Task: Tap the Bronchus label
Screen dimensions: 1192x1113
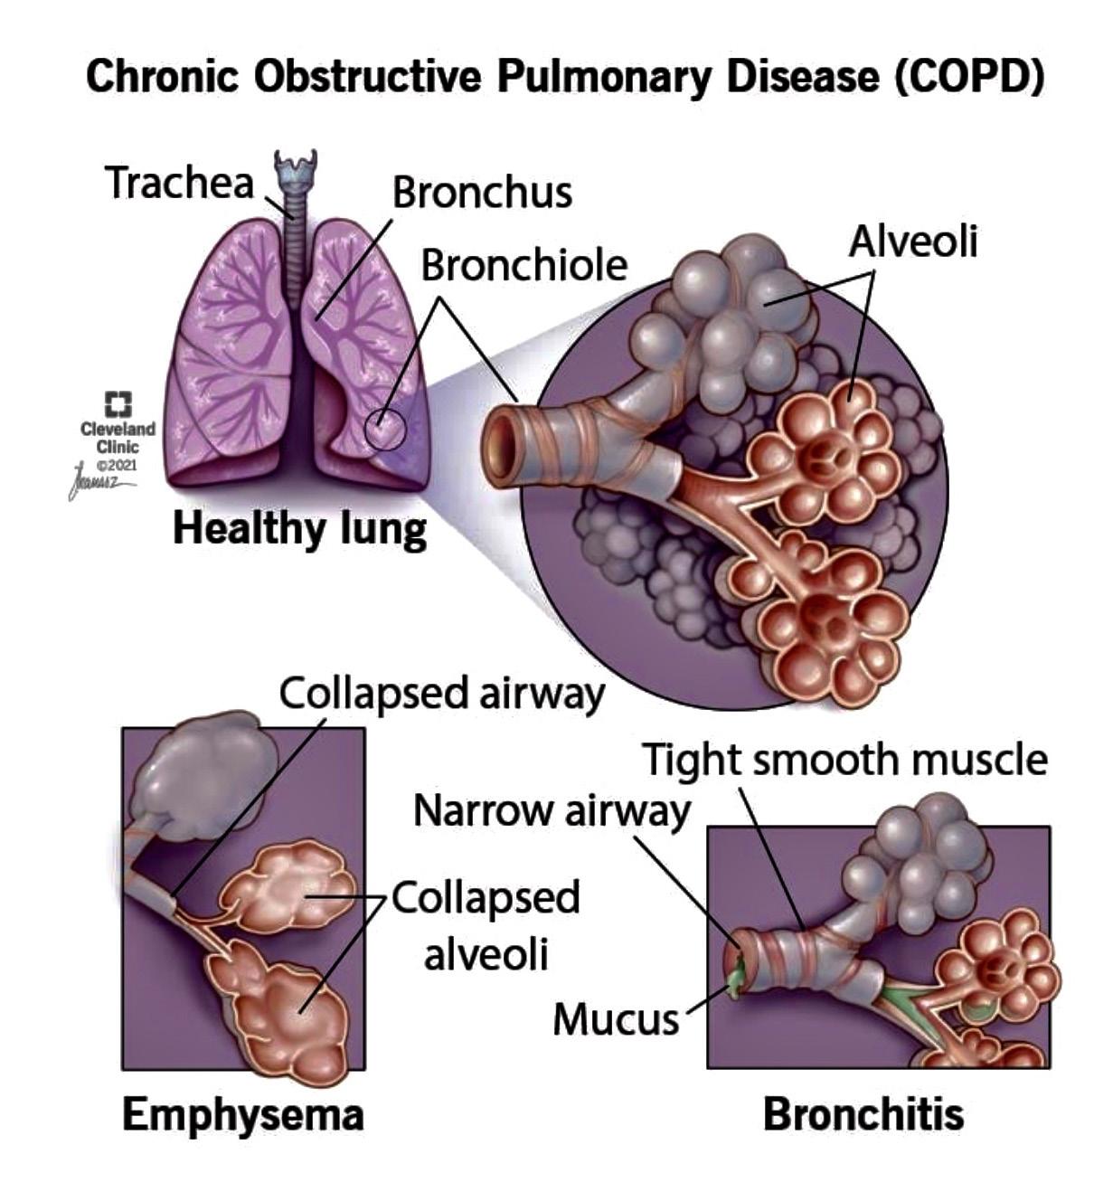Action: [482, 193]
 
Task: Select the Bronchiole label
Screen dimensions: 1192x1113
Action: [524, 265]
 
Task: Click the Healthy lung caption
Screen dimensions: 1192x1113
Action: [299, 528]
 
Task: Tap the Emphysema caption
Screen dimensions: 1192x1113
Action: [242, 1114]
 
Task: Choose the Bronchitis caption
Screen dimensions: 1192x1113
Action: [863, 1114]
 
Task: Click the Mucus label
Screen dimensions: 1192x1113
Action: [616, 1019]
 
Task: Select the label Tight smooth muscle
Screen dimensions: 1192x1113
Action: [844, 760]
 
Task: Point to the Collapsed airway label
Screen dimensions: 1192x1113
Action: [441, 694]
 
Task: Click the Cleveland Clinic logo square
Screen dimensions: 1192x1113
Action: [118, 404]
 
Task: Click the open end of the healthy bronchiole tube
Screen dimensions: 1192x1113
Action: [500, 437]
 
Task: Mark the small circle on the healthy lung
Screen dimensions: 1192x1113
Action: [385, 429]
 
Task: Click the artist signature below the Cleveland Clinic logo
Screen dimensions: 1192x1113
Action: [100, 482]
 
